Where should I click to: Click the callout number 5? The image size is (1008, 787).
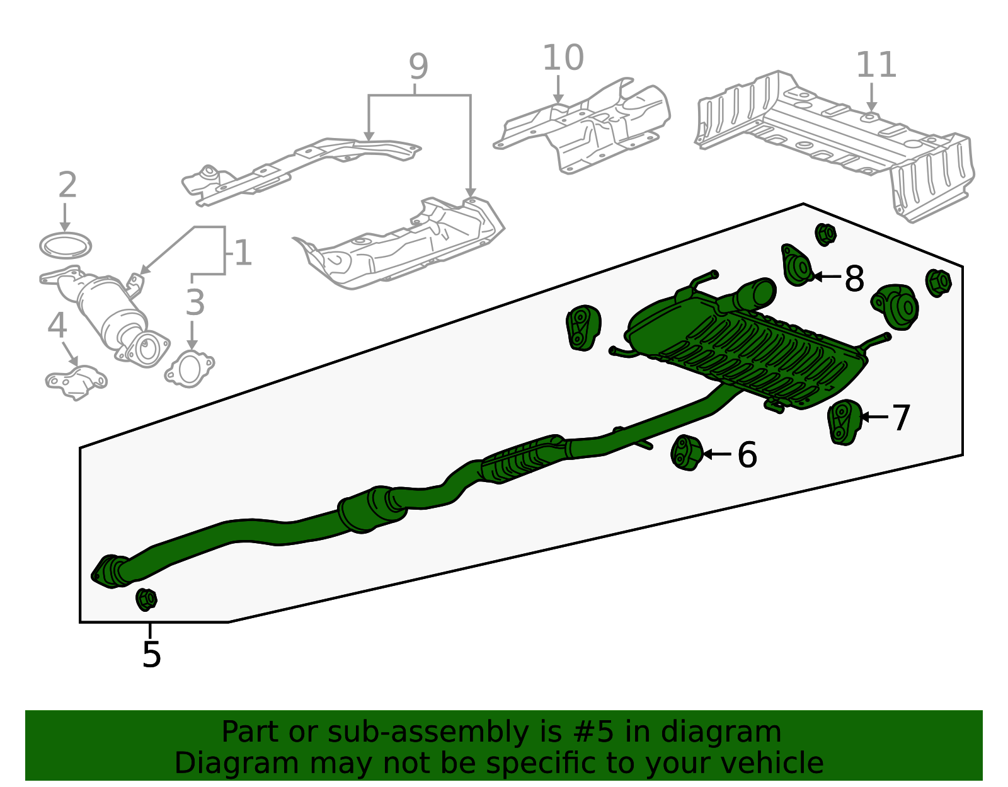(151, 655)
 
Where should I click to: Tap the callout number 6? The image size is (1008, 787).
(747, 454)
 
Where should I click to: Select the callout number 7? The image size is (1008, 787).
(901, 417)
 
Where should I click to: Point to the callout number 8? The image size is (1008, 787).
(854, 279)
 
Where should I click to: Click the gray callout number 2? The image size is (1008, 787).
(68, 184)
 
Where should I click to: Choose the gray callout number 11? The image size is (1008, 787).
(875, 64)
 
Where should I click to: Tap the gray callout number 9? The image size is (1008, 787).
(418, 66)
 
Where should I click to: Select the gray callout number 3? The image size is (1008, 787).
(195, 302)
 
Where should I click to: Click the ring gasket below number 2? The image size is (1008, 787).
(66, 245)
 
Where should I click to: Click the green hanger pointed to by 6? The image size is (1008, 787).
(687, 452)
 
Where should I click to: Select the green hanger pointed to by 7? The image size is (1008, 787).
(845, 422)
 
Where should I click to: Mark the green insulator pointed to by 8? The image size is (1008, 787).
(797, 265)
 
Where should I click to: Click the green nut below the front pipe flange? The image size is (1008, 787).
(146, 600)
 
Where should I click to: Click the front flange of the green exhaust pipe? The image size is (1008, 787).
(108, 572)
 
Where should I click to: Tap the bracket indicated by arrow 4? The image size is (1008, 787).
(76, 382)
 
